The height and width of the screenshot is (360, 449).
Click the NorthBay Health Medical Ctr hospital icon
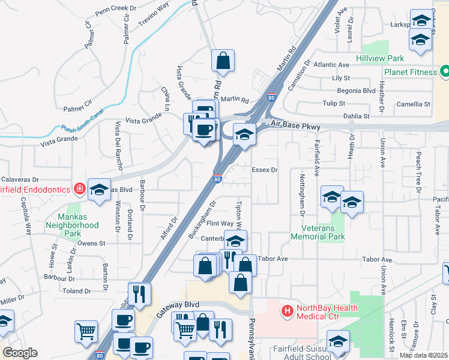point(288,311)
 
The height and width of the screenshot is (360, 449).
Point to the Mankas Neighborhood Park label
point(72,225)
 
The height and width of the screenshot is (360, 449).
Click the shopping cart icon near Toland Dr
point(86,331)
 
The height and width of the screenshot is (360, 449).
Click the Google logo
point(20,353)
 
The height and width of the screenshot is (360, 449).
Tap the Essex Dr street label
point(265,170)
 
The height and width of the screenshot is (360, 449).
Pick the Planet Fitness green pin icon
point(445,72)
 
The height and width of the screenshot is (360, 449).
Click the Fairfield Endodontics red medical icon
point(79,189)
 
